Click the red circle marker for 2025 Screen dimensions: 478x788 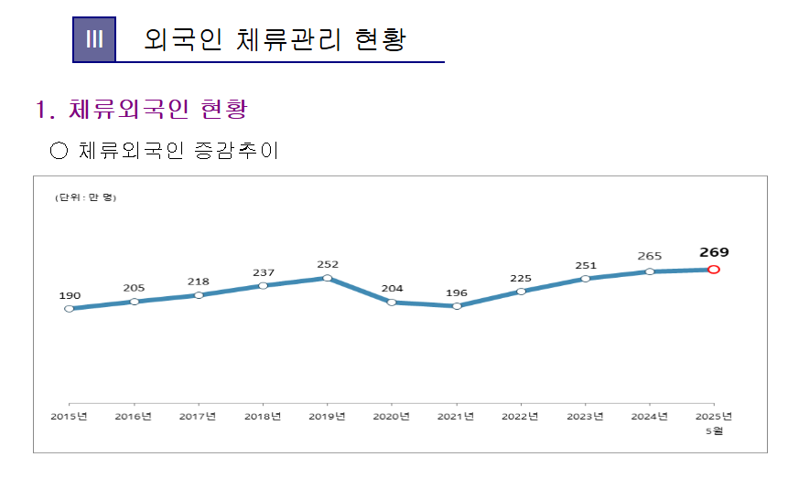tap(714, 270)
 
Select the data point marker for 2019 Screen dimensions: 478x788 tap(328, 278)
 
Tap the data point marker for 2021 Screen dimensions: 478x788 tap(457, 306)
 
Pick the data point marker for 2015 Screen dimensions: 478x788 tap(70, 309)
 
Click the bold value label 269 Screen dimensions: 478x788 tap(714, 252)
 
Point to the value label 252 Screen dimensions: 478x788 tap(328, 264)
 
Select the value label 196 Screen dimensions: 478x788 tap(457, 292)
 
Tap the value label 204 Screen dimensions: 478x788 tap(392, 289)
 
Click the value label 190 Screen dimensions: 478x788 tap(70, 295)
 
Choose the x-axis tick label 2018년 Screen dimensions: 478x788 tap(263, 417)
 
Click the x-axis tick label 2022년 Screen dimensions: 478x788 tap(521, 417)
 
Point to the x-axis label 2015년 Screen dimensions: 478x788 tap(70, 417)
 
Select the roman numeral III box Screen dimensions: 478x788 tap(94, 39)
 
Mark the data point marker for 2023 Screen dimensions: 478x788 tap(585, 279)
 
